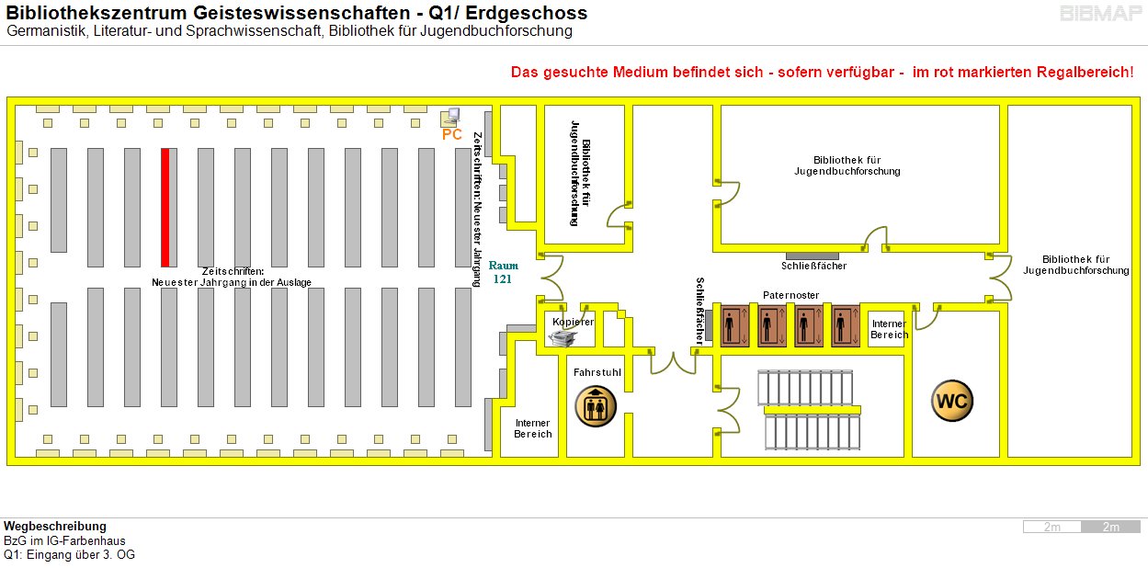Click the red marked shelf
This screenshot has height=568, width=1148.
(x=165, y=207)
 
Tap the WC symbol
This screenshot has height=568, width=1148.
(x=951, y=401)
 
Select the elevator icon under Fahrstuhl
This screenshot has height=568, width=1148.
(x=596, y=405)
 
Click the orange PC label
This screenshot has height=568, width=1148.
(x=451, y=134)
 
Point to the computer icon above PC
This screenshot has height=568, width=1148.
(x=450, y=117)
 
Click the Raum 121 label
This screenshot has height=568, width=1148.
(x=503, y=272)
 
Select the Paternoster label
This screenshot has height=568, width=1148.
(x=790, y=295)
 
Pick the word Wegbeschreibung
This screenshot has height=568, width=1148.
(x=55, y=527)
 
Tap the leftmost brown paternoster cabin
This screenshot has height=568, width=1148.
(x=734, y=325)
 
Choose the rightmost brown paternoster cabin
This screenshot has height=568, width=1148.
(x=846, y=325)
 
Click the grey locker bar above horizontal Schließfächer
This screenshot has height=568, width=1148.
(x=813, y=255)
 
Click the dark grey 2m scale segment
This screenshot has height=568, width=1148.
(x=1110, y=527)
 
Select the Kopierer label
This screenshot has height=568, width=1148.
(x=573, y=322)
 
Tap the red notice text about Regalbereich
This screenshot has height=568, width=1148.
(x=822, y=72)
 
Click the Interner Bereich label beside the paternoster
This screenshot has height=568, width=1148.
(x=889, y=329)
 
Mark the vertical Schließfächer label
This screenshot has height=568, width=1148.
(x=700, y=311)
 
